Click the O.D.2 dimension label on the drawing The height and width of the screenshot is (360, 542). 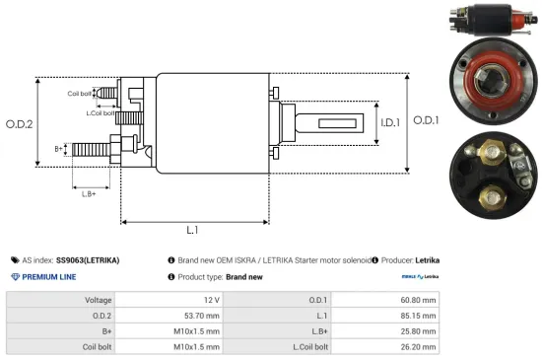pos(19,123)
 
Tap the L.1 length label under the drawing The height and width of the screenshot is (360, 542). pos(193,230)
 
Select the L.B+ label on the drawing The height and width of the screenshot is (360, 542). pos(90,194)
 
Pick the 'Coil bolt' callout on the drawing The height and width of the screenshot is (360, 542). pos(81,94)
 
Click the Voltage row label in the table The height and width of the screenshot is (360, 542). pos(98,299)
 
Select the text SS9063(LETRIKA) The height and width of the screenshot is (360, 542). pos(88,260)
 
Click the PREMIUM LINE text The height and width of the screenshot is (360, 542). pos(49,277)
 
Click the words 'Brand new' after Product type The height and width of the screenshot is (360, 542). pos(244,277)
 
